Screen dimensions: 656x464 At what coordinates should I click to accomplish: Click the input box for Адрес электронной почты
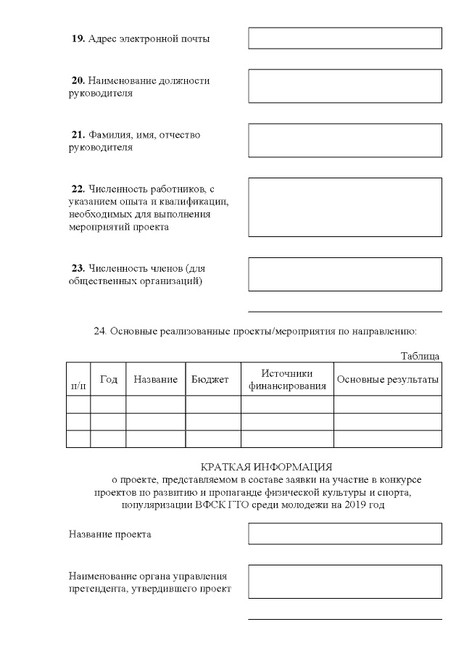345,38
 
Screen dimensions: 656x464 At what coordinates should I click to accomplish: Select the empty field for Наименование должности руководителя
345,86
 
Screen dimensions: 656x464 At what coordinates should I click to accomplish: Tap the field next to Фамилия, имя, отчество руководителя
345,140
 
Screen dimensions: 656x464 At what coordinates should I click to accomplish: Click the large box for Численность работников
345,207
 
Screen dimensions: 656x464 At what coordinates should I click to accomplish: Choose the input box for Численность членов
345,274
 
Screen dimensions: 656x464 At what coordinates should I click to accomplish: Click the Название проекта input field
345,533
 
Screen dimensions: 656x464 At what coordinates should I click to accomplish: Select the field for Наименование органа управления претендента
345,581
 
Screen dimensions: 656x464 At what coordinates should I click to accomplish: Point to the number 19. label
78,38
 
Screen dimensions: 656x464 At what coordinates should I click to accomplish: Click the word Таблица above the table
420,356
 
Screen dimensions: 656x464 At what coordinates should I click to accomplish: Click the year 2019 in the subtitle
351,505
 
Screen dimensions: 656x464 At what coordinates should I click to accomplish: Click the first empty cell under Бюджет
213,404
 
